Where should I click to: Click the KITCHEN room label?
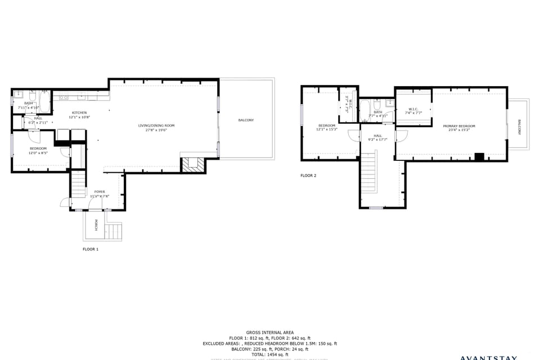coord(79,112)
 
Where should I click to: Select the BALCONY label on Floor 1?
coord(246,120)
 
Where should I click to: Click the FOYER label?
coord(100,192)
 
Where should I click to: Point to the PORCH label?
coord(96,225)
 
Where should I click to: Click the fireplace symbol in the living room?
coord(193,164)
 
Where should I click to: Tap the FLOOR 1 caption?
coord(91,249)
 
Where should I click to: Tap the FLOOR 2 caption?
coord(308,175)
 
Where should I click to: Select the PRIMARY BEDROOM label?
coord(459,126)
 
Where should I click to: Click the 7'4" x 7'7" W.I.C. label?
coord(413,113)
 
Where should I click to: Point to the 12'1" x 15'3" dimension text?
coord(327,129)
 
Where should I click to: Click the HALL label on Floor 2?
coord(377,136)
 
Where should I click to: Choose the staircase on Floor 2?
coord(368,174)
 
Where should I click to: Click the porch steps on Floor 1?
coord(113,231)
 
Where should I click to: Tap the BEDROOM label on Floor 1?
coord(38,148)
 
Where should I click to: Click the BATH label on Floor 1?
coord(28,103)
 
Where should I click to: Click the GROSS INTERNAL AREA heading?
coord(269,332)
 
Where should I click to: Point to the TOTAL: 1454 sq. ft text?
coord(269,354)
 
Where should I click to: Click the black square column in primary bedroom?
coord(479,157)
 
